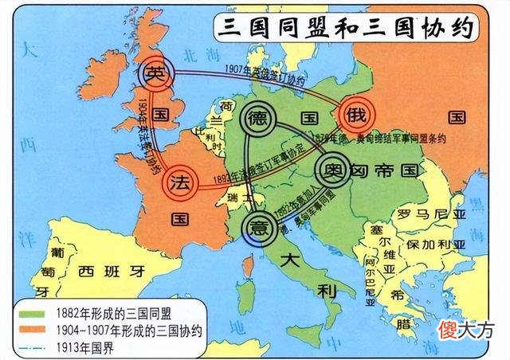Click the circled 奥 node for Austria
click(x=330, y=170)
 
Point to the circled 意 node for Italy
click(x=258, y=224)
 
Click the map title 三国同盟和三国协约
click(x=345, y=28)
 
